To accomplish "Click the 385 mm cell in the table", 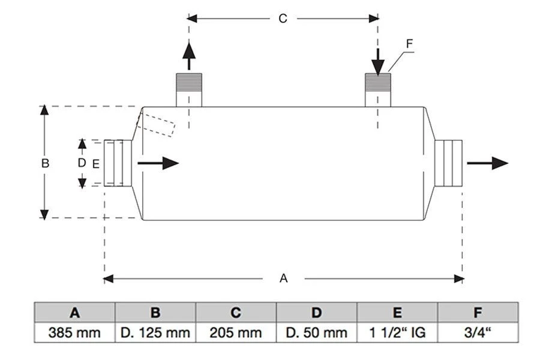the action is click(x=74, y=332).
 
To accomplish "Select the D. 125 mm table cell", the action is click(x=155, y=332).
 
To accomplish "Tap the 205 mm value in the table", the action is click(x=236, y=332).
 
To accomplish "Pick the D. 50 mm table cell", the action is click(x=316, y=332).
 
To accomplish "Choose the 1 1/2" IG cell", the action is click(x=397, y=332).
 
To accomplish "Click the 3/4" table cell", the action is click(x=478, y=332).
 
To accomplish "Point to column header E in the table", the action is click(x=397, y=313).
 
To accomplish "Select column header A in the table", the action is click(x=74, y=313).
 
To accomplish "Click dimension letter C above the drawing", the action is click(x=283, y=19).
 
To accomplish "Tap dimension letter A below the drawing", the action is click(x=283, y=278).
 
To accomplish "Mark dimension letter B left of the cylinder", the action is click(x=45, y=163).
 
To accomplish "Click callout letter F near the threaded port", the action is click(x=409, y=44).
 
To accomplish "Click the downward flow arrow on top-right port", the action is click(x=378, y=62).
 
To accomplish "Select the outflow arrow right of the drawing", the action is click(x=487, y=163).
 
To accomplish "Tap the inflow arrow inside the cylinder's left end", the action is click(x=158, y=163).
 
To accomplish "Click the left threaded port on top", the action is click(x=189, y=90).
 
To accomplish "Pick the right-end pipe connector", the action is click(x=448, y=163).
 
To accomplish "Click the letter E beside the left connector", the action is click(x=96, y=164).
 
